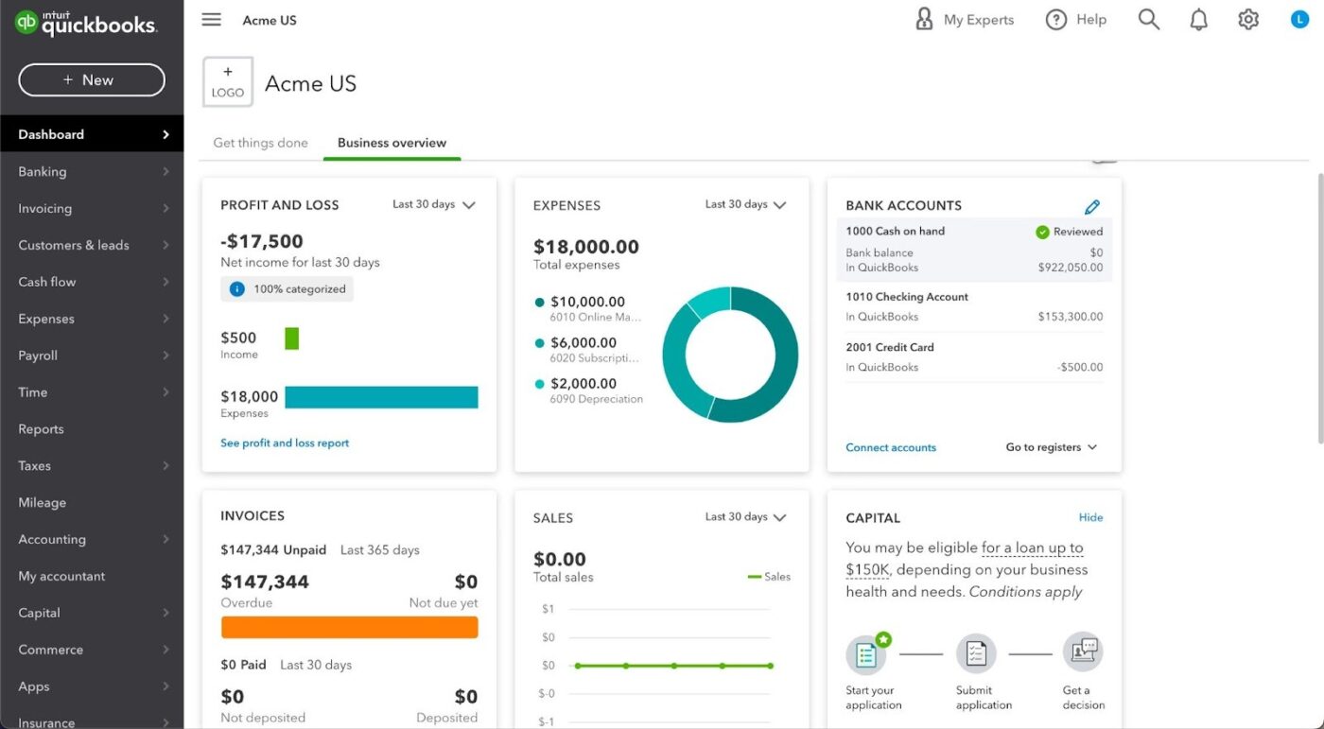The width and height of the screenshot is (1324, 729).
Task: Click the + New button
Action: (92, 80)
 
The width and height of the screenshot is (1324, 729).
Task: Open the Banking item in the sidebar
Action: (43, 172)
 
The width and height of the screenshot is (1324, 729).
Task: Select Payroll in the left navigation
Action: (38, 356)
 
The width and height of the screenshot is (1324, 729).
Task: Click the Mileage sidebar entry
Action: (43, 503)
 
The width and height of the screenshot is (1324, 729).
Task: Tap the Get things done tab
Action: (260, 143)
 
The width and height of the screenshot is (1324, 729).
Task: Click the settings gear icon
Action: (1248, 20)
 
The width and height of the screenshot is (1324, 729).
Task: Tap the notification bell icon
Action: (1198, 20)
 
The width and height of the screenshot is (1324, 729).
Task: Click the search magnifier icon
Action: (1148, 20)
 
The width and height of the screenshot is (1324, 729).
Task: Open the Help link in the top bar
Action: (1076, 20)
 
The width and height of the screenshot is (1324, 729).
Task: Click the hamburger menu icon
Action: (212, 20)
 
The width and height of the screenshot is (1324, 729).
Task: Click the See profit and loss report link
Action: (285, 443)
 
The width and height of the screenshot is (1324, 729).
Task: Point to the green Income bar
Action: (291, 338)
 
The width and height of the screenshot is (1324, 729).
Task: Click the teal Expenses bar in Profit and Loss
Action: (381, 397)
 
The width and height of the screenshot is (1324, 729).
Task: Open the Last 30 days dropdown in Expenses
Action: (746, 204)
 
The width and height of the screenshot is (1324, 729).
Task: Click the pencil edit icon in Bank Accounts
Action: (1092, 206)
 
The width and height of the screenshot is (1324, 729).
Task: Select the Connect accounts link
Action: (891, 447)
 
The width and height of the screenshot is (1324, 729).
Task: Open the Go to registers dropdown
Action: (1051, 447)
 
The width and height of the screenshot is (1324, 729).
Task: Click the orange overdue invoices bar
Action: (349, 627)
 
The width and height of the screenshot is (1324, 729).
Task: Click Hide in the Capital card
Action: (1090, 517)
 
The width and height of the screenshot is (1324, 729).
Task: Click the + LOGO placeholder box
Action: (228, 83)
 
